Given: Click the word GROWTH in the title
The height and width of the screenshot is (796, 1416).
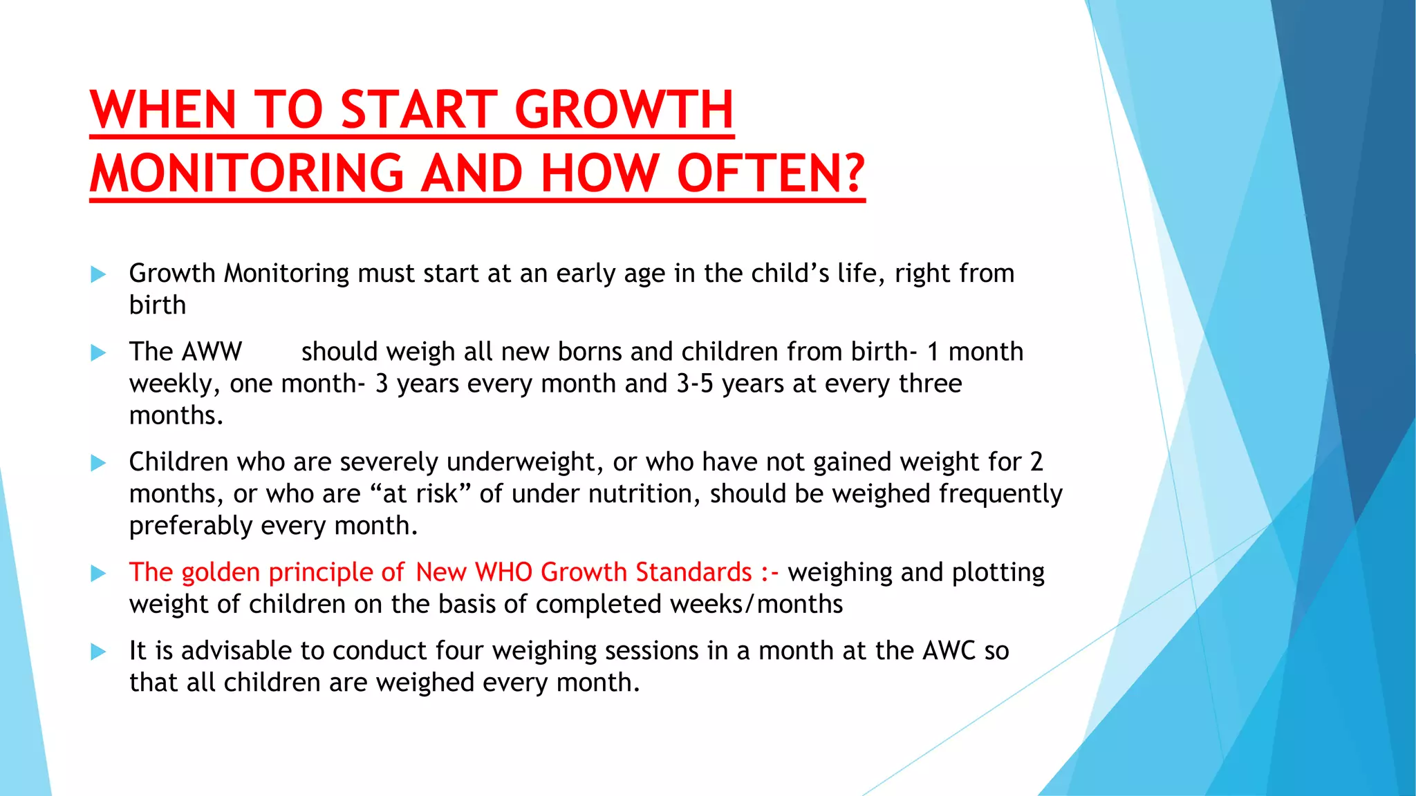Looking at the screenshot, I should (x=624, y=109).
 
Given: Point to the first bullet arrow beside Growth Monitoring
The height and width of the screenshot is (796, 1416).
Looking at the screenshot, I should (x=98, y=274).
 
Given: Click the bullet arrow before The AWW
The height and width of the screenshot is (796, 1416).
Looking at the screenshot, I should (x=98, y=352).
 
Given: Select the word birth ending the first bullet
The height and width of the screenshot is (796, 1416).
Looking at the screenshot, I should (x=157, y=305).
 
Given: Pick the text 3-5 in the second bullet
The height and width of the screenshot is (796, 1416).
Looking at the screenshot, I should (x=694, y=383).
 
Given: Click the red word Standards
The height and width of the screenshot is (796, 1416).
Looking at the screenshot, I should (x=693, y=572).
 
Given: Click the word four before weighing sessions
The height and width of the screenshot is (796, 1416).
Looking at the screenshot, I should (x=460, y=651).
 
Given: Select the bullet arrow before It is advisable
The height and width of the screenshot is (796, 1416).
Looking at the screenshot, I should (x=98, y=652).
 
